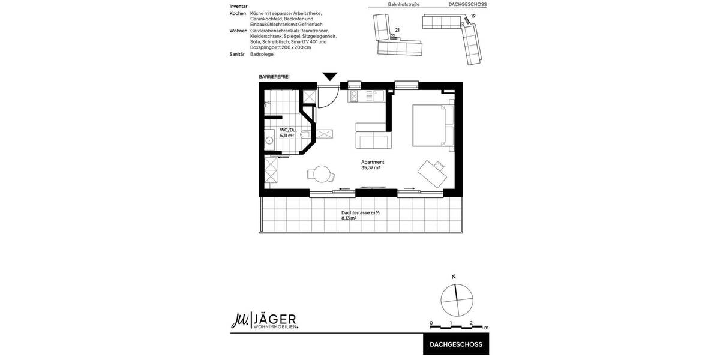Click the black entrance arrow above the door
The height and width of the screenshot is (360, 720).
pyautogui.click(x=330, y=76)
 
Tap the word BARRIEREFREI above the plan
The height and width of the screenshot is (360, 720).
pyautogui.click(x=274, y=77)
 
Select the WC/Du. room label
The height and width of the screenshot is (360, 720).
pyautogui.click(x=288, y=130)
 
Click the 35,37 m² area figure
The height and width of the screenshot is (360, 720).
pyautogui.click(x=370, y=168)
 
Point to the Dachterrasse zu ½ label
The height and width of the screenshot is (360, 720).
pyautogui.click(x=361, y=212)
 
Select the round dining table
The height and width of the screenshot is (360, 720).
pyautogui.click(x=322, y=174)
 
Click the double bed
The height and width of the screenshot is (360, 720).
pyautogui.click(x=432, y=125)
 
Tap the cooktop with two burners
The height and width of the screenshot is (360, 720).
pyautogui.click(x=353, y=96)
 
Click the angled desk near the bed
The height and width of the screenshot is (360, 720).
pyautogui.click(x=433, y=173)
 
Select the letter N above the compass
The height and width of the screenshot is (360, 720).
pyautogui.click(x=454, y=277)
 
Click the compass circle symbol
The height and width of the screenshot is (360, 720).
pyautogui.click(x=457, y=300)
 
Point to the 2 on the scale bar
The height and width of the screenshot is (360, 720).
pyautogui.click(x=471, y=323)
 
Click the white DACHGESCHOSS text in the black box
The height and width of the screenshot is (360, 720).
pyautogui.click(x=456, y=344)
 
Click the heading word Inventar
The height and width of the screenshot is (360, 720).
pyautogui.click(x=238, y=6)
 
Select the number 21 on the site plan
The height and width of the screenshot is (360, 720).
pyautogui.click(x=397, y=29)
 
